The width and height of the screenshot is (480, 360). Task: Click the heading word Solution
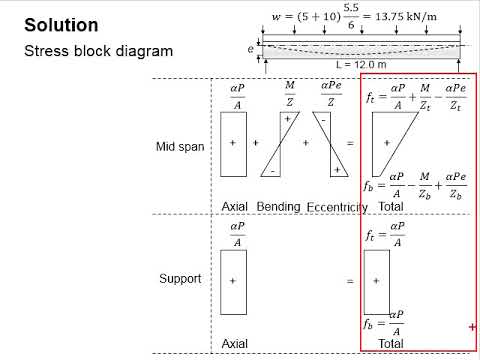pos(61,24)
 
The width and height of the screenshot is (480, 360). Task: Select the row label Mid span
pos(180,146)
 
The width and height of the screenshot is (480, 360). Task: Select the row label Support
pos(181,278)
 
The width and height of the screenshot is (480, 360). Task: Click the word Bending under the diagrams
pos(279,206)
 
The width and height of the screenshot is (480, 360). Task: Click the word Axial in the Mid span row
pos(235,206)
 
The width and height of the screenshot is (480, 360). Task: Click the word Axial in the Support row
pos(235,342)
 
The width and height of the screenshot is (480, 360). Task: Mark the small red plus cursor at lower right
pos(471,327)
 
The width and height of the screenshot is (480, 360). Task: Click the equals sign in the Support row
pos(350,282)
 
